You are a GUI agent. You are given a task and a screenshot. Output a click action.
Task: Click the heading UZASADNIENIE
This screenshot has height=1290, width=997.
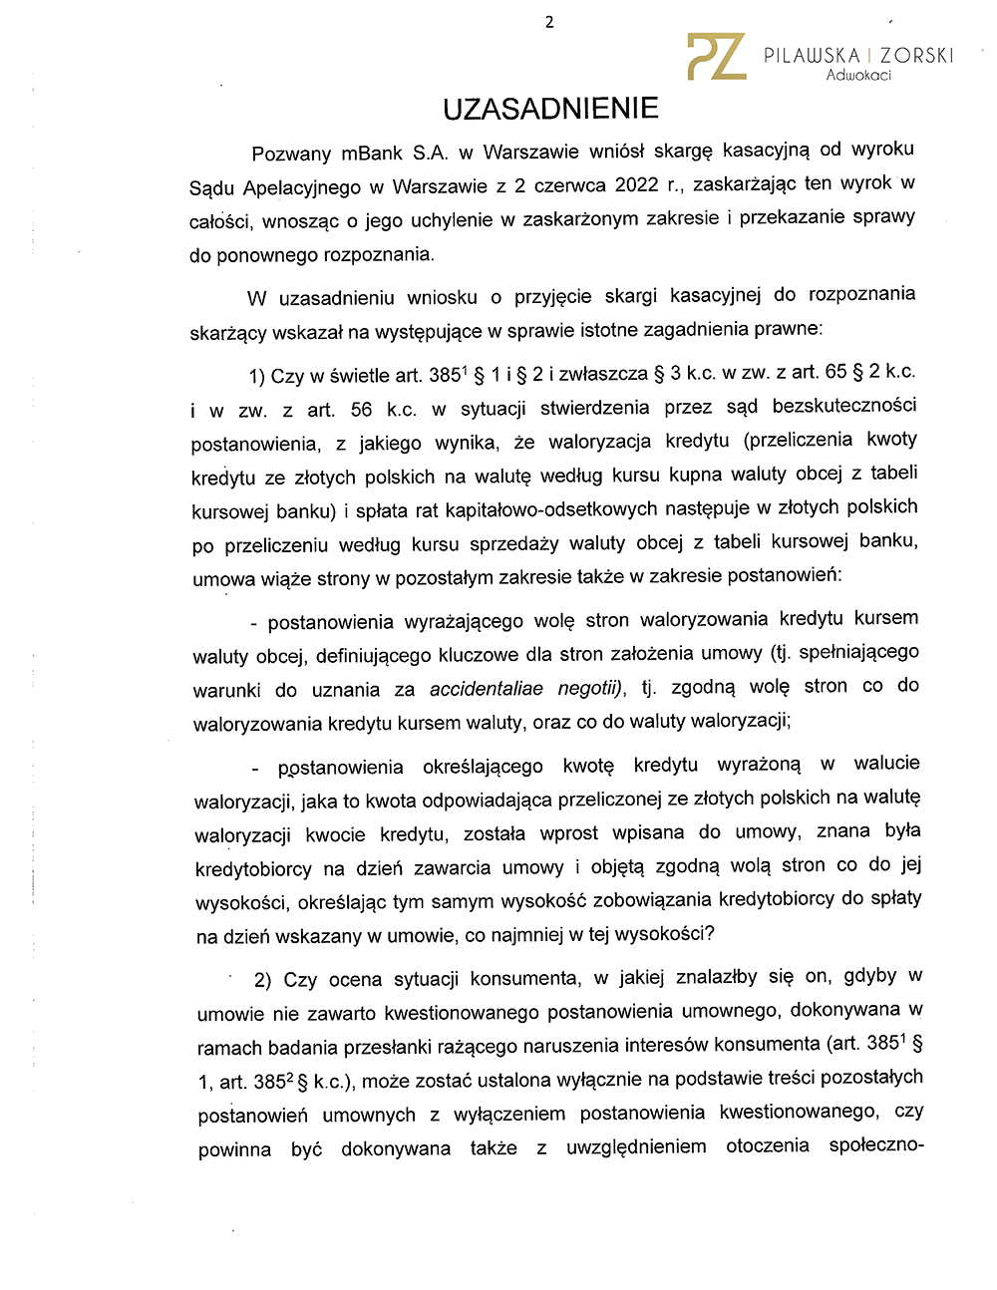550,109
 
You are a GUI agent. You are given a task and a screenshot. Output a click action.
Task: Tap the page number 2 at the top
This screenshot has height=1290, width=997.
549,22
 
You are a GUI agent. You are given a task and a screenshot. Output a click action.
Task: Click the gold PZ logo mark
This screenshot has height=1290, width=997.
716,57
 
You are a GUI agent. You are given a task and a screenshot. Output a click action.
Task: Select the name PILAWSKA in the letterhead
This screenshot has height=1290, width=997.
812,56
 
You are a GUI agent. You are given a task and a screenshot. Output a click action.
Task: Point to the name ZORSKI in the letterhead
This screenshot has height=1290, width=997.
916,56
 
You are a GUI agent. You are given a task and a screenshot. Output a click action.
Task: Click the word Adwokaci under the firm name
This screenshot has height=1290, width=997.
858,76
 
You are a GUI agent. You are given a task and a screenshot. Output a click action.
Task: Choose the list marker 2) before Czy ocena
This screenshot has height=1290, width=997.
263,980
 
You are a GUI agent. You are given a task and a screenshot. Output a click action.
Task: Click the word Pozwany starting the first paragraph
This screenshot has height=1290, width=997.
291,154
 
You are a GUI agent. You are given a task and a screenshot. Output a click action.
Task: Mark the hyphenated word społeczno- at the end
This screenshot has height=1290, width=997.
876,1145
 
